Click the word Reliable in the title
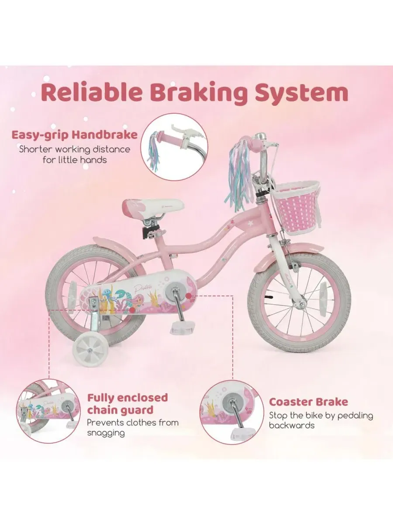92,93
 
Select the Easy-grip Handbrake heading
74,135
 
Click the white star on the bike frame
250,224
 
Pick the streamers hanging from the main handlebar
239,176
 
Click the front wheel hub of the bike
303,304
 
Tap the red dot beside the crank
189,296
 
